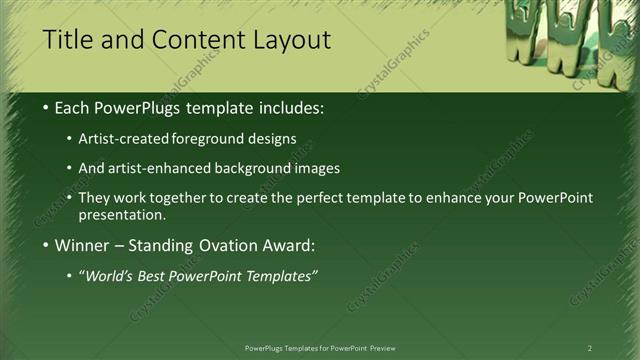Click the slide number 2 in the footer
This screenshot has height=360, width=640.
point(590,348)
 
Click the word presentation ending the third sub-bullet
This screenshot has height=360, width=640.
point(121,214)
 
